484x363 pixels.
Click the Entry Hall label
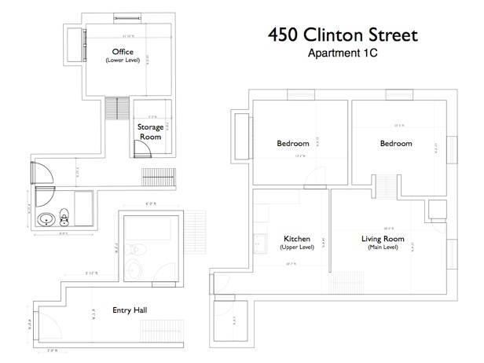[130, 310]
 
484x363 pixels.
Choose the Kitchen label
[296, 239]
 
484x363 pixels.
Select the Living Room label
[383, 239]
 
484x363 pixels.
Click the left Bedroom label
[293, 144]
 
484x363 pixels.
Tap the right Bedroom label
[395, 144]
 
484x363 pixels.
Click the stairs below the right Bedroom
[385, 186]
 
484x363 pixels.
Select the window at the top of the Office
[123, 17]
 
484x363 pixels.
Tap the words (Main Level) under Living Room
[383, 248]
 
